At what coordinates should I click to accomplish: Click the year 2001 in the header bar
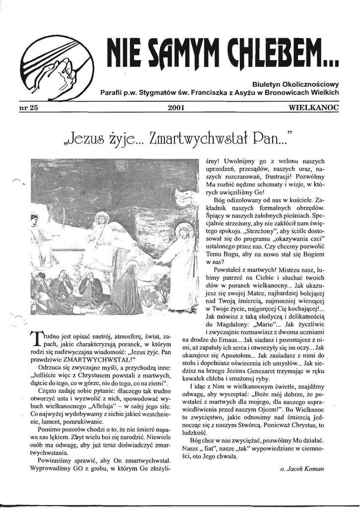178,108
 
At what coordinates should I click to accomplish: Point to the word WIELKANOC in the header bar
314,108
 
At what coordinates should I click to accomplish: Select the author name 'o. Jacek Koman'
302,468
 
